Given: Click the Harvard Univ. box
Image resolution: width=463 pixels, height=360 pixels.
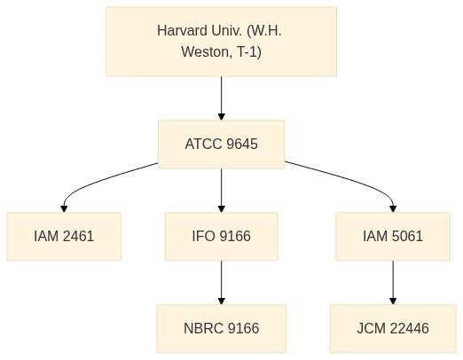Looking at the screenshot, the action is pos(221,42).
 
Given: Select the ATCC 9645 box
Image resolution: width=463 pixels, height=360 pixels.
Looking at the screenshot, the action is pos(221,145).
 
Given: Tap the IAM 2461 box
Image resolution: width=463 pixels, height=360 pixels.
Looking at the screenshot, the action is pos(64,236).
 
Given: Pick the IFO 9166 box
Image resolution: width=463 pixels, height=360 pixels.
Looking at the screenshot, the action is pos(221,236).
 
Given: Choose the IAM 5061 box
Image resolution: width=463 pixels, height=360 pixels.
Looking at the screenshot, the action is pos(393,236).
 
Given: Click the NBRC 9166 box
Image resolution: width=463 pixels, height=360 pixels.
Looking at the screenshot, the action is pos(221,328).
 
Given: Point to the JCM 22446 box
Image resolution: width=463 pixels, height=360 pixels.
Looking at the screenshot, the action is pos(393,328).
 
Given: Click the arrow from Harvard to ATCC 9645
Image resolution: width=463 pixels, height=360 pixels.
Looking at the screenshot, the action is pos(221,98).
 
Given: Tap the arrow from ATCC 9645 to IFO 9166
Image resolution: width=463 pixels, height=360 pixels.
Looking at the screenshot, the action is pos(221,191).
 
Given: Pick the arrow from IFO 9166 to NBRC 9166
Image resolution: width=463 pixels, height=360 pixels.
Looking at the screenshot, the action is pos(221,283).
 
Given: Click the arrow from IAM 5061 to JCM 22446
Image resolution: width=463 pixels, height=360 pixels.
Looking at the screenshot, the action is pos(393,283).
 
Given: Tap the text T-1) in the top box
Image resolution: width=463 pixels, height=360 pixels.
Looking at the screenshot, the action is pos(249,52).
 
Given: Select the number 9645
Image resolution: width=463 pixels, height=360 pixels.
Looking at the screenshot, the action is pos(242,145).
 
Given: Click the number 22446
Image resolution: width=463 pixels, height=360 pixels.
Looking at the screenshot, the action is pos(409,328).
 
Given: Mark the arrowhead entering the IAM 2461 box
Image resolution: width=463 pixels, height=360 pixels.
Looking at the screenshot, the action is pos(64,208).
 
